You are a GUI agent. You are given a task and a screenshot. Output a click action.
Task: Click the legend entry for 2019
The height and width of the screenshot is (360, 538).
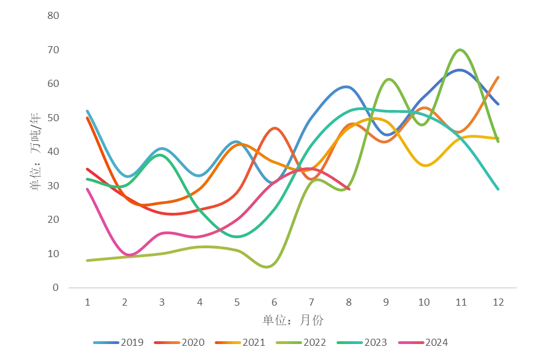(118, 342)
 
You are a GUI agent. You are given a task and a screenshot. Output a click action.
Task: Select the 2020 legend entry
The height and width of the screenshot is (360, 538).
(180, 342)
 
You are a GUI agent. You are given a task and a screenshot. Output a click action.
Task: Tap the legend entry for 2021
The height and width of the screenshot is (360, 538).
(240, 342)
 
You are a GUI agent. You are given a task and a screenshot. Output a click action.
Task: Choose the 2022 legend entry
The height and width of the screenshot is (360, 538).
(301, 342)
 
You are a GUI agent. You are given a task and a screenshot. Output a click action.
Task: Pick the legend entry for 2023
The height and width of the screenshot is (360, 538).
(362, 342)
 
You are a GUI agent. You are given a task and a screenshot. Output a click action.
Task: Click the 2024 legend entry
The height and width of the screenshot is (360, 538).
(423, 342)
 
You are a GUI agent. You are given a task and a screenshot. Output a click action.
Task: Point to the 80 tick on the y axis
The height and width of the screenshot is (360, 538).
(53, 15)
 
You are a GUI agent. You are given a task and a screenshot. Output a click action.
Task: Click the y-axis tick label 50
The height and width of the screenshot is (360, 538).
(53, 118)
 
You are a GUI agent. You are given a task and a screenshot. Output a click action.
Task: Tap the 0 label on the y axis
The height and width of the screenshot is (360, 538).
(56, 288)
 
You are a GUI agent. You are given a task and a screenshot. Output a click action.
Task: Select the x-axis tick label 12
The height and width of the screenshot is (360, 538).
(498, 302)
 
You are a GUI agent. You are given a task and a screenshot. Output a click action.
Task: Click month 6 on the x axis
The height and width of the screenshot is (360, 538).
(274, 302)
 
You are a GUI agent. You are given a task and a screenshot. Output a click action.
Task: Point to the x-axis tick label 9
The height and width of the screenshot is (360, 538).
(386, 302)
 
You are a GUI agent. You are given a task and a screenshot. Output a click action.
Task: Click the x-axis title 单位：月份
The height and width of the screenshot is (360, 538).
(293, 320)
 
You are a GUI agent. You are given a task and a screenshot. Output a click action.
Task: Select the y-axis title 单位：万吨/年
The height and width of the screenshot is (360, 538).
(35, 151)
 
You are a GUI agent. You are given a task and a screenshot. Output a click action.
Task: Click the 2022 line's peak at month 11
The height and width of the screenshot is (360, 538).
(460, 50)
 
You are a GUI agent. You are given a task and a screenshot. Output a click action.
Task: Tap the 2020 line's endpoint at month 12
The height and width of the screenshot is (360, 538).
(498, 77)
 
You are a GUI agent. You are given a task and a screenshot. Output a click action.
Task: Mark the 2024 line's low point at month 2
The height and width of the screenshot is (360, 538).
(129, 255)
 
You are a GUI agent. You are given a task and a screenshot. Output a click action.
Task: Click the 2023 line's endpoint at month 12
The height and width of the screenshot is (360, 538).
(498, 189)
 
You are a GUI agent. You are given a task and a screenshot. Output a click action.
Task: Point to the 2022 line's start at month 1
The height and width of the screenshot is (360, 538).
(87, 261)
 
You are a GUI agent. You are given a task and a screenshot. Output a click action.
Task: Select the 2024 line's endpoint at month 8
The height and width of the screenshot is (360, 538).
(349, 189)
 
